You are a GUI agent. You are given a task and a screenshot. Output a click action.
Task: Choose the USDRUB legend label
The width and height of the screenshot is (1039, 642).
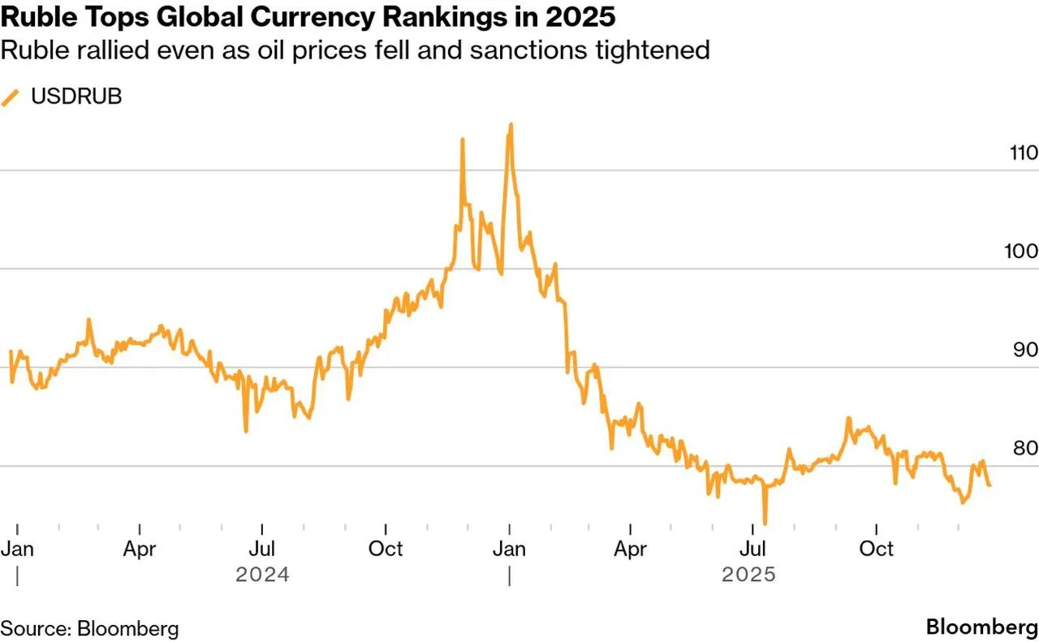[76, 97]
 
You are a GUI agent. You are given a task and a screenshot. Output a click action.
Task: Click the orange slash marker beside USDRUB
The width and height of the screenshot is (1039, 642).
[11, 97]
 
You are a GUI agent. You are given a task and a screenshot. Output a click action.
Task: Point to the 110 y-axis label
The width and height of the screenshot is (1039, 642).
[1020, 153]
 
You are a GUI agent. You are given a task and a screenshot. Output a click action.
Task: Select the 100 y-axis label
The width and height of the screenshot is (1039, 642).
[1020, 252]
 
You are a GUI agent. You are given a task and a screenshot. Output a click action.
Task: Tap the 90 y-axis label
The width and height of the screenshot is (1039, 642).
[1024, 350]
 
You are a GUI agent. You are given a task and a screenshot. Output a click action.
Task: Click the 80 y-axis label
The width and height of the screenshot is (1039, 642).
[1024, 449]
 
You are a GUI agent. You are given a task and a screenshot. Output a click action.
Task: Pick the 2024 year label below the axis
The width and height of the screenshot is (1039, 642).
[262, 575]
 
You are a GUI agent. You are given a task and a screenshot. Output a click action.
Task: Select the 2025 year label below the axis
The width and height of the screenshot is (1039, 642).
[749, 575]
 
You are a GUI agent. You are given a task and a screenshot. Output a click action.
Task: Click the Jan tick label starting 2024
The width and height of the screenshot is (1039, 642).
[17, 549]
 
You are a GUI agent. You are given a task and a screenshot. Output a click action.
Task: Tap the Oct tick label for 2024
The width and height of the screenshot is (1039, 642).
[386, 549]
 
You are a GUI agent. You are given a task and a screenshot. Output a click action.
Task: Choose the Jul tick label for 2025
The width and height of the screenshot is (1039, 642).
[755, 549]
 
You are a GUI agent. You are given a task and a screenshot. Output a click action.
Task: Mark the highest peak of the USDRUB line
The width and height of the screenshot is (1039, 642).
[511, 125]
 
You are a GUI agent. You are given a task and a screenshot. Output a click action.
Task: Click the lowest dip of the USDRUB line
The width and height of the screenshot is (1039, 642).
[765, 524]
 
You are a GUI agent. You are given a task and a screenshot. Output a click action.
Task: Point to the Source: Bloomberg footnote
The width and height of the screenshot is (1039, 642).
[89, 628]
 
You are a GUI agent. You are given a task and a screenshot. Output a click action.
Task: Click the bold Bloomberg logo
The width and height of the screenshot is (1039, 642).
[981, 627]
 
